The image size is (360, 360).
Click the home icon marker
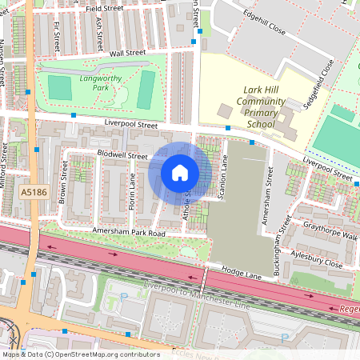180,173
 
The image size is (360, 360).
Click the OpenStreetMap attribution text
80,354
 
